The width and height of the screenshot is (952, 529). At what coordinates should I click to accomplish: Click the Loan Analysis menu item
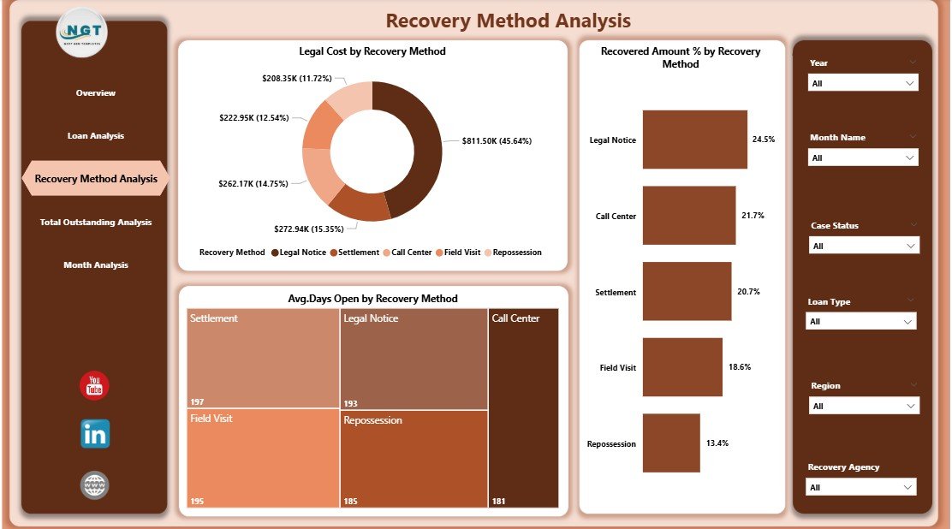(96, 136)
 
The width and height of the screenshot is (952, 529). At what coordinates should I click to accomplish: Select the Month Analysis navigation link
(96, 265)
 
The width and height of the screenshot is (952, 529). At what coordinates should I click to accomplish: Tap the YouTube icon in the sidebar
(94, 386)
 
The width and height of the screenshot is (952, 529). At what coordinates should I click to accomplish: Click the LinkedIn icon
(95, 434)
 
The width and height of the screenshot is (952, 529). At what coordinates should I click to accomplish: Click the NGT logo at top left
(82, 33)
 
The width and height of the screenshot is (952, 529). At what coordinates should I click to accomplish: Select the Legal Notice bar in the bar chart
(694, 139)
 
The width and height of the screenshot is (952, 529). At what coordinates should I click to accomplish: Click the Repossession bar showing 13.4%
(670, 443)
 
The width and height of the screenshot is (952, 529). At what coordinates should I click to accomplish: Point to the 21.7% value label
(753, 216)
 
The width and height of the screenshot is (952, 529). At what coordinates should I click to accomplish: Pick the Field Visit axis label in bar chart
(617, 368)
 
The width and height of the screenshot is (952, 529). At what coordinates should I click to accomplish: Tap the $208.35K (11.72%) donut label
(296, 78)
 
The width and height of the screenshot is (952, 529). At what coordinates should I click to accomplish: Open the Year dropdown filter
(863, 83)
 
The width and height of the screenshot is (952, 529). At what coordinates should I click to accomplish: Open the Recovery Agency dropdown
(860, 487)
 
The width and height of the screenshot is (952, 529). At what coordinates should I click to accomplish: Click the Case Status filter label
(835, 226)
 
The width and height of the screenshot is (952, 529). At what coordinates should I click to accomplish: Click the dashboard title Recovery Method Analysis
(508, 21)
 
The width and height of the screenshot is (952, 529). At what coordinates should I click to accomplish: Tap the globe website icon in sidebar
(94, 485)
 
